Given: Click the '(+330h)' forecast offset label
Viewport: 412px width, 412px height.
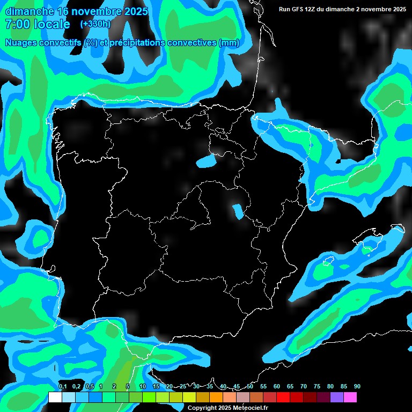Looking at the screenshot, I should pyautogui.click(x=95, y=24).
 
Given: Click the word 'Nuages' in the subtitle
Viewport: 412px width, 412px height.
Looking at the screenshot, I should pyautogui.click(x=24, y=43).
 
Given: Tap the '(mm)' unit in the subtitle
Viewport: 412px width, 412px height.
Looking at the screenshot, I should pyautogui.click(x=229, y=43).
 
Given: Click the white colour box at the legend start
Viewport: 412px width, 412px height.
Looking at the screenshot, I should pyautogui.click(x=55, y=398).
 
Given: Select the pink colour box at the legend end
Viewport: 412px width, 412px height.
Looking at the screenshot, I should pyautogui.click(x=350, y=398).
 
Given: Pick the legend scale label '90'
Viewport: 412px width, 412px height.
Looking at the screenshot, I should pyautogui.click(x=357, y=386).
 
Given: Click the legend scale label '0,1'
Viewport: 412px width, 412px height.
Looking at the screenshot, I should pyautogui.click(x=62, y=386).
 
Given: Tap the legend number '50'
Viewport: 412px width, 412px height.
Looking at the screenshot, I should pyautogui.click(x=250, y=386).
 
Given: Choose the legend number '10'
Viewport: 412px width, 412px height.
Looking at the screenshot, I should pyautogui.click(x=142, y=386).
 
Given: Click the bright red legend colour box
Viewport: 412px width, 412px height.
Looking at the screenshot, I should pyautogui.click(x=283, y=398).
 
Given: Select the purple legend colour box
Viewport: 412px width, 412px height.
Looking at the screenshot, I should pyautogui.click(x=337, y=398).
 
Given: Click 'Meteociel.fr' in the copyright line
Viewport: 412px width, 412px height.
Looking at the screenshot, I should pyautogui.click(x=251, y=408).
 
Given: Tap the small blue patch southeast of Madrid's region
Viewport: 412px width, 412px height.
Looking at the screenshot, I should pyautogui.click(x=237, y=211).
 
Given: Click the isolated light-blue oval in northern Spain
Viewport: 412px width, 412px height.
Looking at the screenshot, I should pyautogui.click(x=207, y=160).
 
